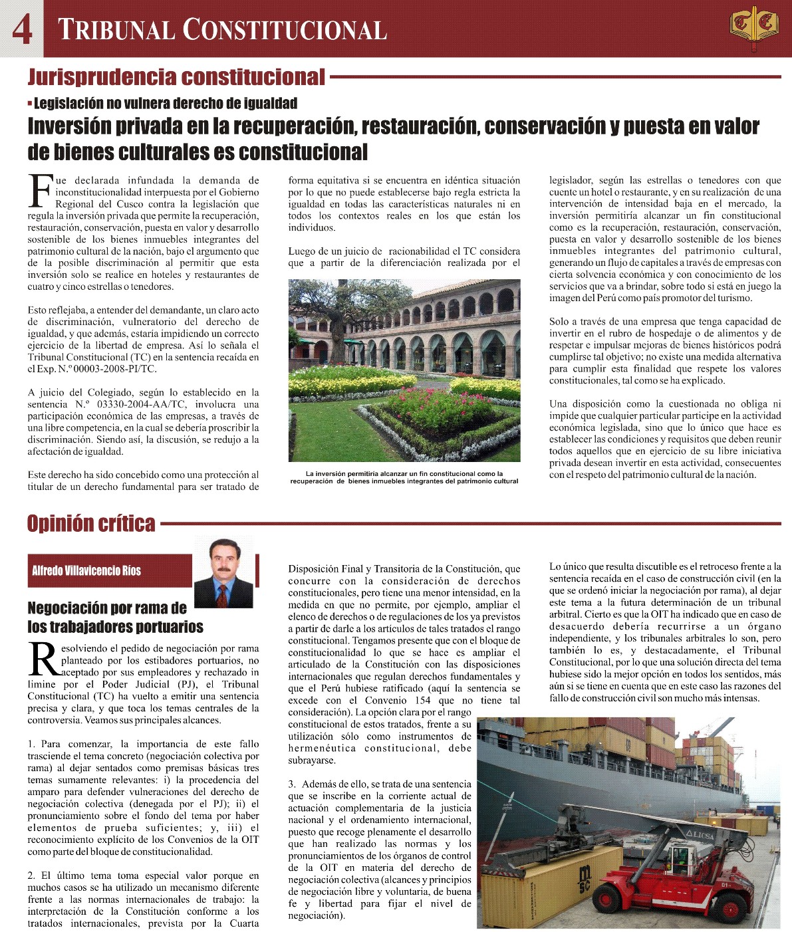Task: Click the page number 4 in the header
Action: point(22,29)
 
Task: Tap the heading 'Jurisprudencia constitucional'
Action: point(176,77)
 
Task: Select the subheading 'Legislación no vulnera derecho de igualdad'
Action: point(165,103)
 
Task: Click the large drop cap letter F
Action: point(40,191)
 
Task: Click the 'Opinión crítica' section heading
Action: point(91,524)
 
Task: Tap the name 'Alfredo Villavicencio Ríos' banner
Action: point(86,570)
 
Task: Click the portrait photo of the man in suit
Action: point(223,572)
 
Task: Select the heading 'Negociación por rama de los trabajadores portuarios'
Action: point(115,618)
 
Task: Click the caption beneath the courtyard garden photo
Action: point(404,477)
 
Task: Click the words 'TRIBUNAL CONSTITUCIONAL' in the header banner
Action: point(223,30)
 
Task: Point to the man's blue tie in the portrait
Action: point(222,592)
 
